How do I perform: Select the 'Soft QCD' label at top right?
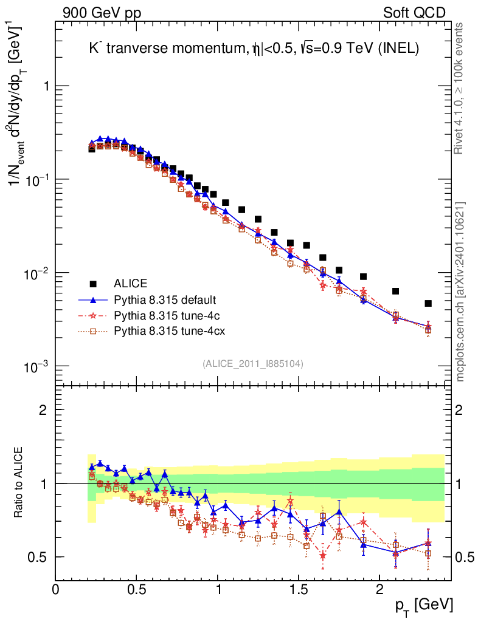pos(414,13)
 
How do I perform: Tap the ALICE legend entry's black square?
pos(93,284)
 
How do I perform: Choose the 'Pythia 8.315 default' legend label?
pos(164,300)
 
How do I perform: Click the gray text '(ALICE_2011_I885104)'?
pos(253,363)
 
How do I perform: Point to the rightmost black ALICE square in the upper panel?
pos(428,303)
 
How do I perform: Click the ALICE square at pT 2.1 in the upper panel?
pos(396,291)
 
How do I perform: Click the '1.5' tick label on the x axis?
pos(298,590)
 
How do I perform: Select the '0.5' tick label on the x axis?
pos(136,590)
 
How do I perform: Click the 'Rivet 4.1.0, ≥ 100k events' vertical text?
pos(460,88)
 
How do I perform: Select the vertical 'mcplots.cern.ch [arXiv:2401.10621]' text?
pos(460,292)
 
